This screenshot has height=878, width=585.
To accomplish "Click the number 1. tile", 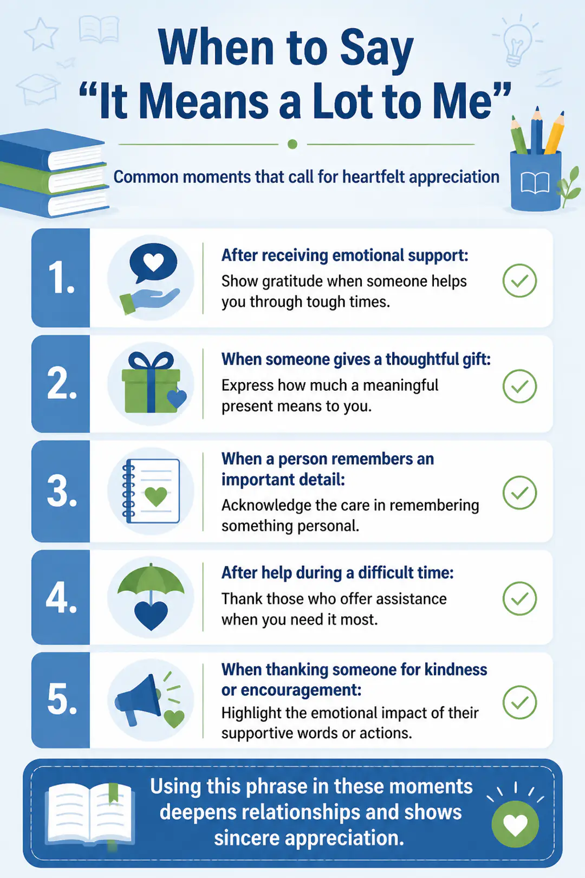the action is point(61,278).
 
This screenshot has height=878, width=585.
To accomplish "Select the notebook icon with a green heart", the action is point(151,491).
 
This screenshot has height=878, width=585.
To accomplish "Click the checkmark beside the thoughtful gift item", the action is point(519,386).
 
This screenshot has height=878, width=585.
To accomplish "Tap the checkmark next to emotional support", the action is point(519,281).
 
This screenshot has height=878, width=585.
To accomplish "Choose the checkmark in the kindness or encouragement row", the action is point(519,702).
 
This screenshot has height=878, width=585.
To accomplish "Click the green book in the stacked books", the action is point(54,178).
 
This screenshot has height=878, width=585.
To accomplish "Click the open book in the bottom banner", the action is point(90,814).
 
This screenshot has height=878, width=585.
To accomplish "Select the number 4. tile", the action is point(61,597).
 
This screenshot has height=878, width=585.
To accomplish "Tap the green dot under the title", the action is point(292,144).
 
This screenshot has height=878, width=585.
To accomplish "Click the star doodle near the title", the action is point(41,34).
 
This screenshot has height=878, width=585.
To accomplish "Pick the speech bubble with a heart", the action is point(153,263).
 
